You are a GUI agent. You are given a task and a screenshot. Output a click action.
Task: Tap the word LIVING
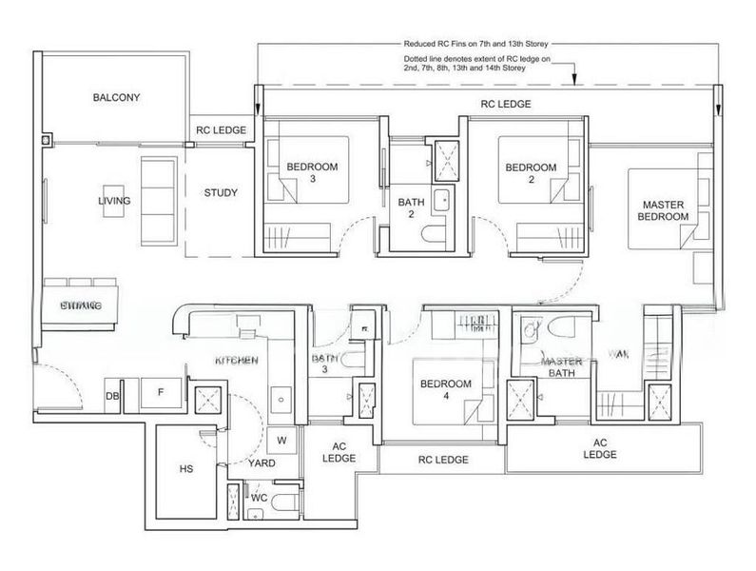113,202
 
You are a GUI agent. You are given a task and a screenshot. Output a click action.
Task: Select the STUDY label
221,193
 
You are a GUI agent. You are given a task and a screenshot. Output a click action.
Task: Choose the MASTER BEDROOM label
665,210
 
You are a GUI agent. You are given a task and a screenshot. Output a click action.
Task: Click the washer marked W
281,440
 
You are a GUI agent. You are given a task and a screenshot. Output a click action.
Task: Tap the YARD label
262,463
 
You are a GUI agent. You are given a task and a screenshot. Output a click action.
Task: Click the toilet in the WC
276,504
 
